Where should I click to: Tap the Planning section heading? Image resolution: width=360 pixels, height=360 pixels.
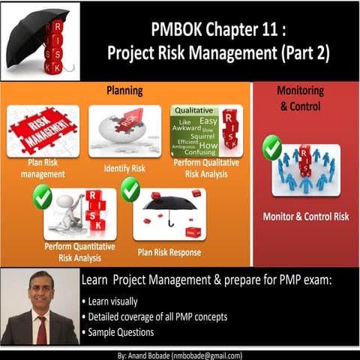(125, 91)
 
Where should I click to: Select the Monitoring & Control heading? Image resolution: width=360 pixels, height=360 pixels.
(300, 97)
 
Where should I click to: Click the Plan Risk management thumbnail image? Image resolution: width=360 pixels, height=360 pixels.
(43, 130)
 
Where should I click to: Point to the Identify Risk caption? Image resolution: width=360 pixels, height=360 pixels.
(124, 169)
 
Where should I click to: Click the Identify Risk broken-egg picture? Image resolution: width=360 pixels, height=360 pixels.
(124, 130)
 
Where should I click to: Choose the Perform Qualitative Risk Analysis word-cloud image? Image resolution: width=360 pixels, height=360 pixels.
(205, 130)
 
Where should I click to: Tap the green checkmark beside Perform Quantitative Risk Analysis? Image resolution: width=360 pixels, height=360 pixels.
(42, 197)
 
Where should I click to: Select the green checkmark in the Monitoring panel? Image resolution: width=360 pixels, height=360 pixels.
(271, 148)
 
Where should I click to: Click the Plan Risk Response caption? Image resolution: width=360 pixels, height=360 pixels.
(169, 252)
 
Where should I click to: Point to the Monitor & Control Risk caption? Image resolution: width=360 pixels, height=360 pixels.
(305, 217)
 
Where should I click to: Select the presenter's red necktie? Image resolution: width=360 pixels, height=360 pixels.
(40, 328)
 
